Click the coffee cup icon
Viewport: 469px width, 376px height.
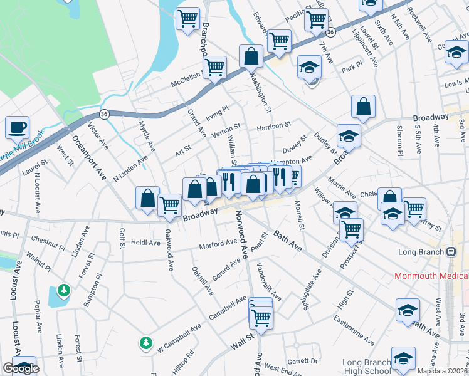pos(18,128)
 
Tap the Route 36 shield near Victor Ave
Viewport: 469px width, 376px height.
pos(105,113)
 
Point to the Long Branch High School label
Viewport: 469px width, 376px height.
pos(367,367)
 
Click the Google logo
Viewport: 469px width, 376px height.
pos(21,368)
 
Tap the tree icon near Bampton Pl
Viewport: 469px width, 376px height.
pos(63,290)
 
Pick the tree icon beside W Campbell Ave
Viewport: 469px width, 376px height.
pos(146,343)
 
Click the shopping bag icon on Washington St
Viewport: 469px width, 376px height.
pos(251,56)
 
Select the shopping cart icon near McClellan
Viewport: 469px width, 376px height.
pos(215,66)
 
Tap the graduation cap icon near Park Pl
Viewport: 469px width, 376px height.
pos(309,66)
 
